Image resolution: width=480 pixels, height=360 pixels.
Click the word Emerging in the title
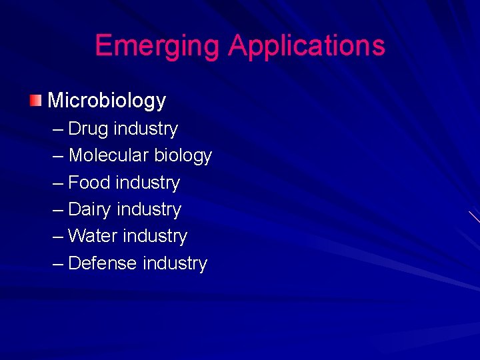tap(157, 45)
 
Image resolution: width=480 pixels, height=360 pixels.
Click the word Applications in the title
tap(307, 45)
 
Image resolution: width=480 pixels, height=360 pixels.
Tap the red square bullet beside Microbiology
tap(35, 101)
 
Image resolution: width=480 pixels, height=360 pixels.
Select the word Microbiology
tap(107, 101)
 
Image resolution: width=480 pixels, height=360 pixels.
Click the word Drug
tap(89, 129)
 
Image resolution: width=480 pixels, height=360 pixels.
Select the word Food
tap(89, 182)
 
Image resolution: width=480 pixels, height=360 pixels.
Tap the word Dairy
tap(89, 209)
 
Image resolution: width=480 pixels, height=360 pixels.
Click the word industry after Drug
tap(146, 129)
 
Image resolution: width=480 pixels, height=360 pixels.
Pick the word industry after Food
tap(148, 182)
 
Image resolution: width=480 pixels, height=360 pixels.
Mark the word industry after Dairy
tap(149, 209)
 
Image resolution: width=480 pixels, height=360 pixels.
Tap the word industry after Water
tap(155, 236)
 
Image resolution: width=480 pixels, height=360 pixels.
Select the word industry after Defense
tap(175, 263)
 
